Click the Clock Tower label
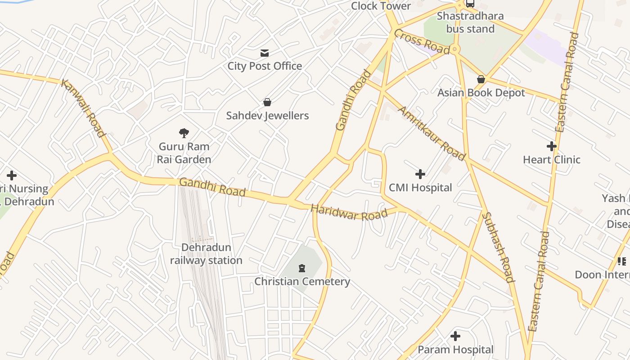pyautogui.click(x=381, y=6)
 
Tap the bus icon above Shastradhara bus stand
pyautogui.click(x=470, y=4)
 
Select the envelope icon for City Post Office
pyautogui.click(x=265, y=53)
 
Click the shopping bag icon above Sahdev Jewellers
pyautogui.click(x=267, y=102)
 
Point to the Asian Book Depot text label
pyautogui.click(x=481, y=93)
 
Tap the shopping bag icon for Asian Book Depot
pyautogui.click(x=481, y=79)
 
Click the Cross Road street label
pyautogui.click(x=422, y=41)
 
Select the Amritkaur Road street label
pyautogui.click(x=432, y=134)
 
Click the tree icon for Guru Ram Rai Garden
pyautogui.click(x=184, y=133)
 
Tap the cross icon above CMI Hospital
pyautogui.click(x=420, y=174)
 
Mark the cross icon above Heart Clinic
pyautogui.click(x=551, y=146)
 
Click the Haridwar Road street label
pyautogui.click(x=349, y=213)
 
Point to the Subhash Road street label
pyautogui.click(x=498, y=247)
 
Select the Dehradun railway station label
pyautogui.click(x=206, y=254)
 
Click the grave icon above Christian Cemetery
pyautogui.click(x=302, y=268)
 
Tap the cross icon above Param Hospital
pyautogui.click(x=455, y=336)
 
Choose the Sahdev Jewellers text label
pyautogui.click(x=267, y=116)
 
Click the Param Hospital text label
pyautogui.click(x=455, y=350)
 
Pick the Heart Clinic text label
pyautogui.click(x=551, y=160)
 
